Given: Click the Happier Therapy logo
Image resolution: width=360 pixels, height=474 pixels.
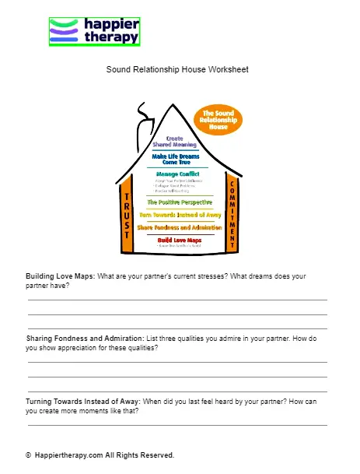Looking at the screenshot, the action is [x=94, y=31].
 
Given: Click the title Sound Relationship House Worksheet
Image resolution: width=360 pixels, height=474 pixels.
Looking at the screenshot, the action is [x=177, y=69].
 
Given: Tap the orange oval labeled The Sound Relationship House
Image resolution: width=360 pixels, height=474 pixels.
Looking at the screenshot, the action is [x=218, y=119].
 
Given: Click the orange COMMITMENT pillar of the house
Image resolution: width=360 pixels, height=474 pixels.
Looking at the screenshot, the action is [x=231, y=214].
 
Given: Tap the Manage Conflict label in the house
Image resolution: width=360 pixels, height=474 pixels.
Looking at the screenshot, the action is [x=178, y=174].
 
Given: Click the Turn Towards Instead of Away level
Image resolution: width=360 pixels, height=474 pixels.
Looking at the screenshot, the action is [x=180, y=214].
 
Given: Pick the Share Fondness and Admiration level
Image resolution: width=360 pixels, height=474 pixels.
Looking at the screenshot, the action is [x=180, y=227].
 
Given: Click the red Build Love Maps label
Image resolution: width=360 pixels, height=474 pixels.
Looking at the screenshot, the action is [x=178, y=241].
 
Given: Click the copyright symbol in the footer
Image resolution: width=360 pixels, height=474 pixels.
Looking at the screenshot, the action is [x=28, y=455].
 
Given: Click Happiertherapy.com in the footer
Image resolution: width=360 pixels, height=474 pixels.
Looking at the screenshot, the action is [x=68, y=455].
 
